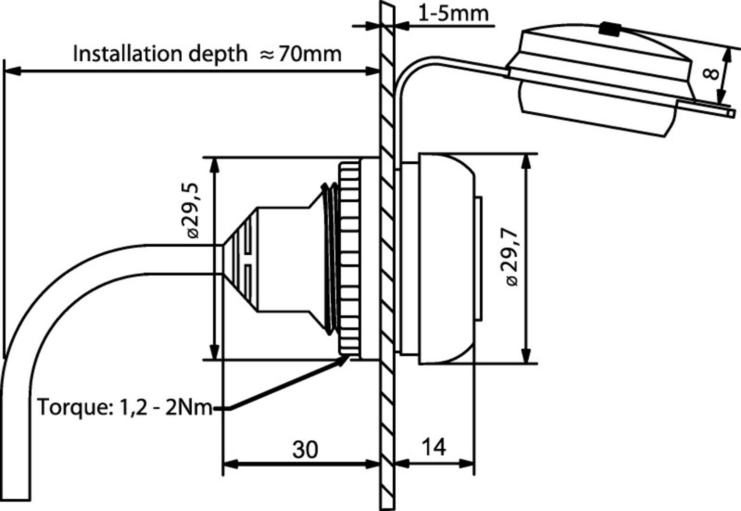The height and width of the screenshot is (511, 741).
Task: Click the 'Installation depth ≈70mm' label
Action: tap(207, 53)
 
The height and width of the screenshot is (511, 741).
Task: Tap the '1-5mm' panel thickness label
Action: tap(453, 13)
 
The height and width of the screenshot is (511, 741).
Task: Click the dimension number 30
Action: tap(305, 450)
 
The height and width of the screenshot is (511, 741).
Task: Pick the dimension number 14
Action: tap(434, 447)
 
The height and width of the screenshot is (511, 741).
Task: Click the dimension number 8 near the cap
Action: tap(710, 74)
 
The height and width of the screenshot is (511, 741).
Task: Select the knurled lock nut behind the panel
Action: tap(349, 257)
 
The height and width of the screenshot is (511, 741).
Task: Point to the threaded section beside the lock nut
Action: tap(329, 257)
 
